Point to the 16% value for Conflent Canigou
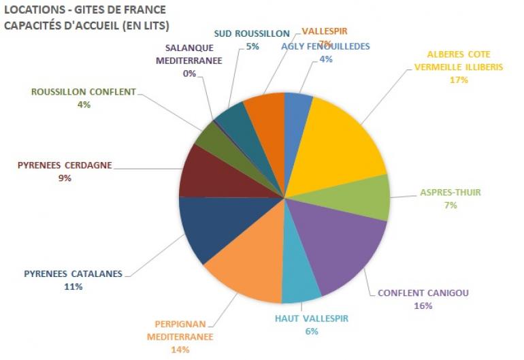[423, 306]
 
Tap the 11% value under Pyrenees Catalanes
[73, 287]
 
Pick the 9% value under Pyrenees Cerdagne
[65, 178]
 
